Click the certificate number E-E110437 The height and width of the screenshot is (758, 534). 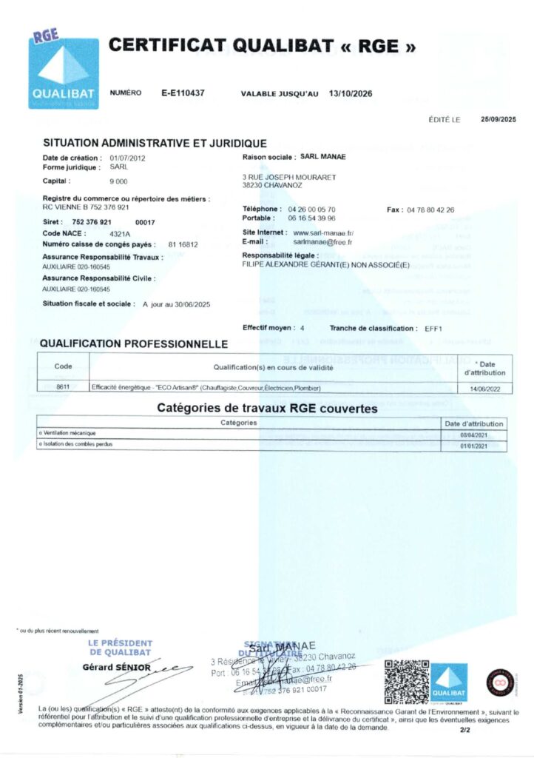[183, 93]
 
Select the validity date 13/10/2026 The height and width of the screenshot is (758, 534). [351, 93]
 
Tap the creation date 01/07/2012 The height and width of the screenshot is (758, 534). [127, 158]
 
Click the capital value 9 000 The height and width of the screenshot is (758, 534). [118, 181]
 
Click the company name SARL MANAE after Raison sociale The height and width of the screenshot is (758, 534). [323, 157]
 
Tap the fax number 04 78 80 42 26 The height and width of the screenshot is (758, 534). [430, 209]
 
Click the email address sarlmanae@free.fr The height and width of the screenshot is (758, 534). [322, 241]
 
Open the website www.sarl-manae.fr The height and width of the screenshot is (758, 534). [323, 233]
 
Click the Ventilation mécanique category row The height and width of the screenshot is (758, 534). [70, 433]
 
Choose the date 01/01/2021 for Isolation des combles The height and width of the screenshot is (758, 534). [475, 446]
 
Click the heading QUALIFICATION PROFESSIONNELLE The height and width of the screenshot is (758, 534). [133, 343]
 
